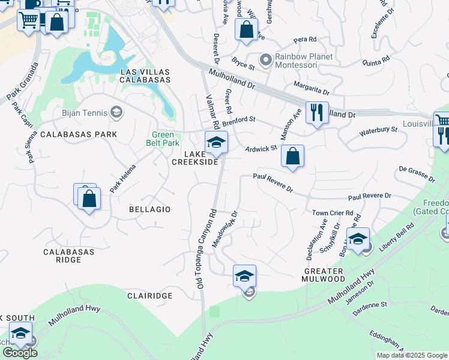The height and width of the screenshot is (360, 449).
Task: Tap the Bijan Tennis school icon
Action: [x=116, y=112]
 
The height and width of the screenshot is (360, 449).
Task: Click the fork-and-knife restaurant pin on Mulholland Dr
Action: [x=316, y=112]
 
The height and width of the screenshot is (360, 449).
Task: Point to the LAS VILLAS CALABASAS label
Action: [x=145, y=76]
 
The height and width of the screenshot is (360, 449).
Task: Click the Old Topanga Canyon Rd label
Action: [x=205, y=246]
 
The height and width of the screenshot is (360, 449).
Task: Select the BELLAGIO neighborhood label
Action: [x=150, y=209]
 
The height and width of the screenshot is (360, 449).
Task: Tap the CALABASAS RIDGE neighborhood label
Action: [x=69, y=256]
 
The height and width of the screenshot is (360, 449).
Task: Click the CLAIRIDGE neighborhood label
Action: [x=150, y=296]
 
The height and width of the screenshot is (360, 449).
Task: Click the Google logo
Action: [x=20, y=353]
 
